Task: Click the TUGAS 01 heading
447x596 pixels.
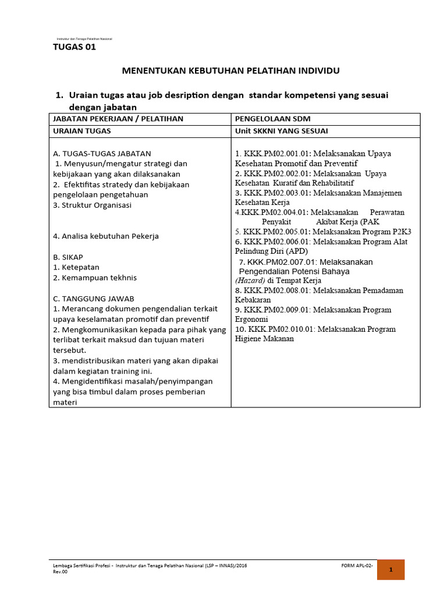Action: (x=74, y=48)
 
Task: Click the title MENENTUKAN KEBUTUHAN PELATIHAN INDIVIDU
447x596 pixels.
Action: (x=230, y=70)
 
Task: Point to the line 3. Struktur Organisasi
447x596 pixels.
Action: (x=92, y=205)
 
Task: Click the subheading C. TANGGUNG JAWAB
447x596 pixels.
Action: (x=93, y=299)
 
